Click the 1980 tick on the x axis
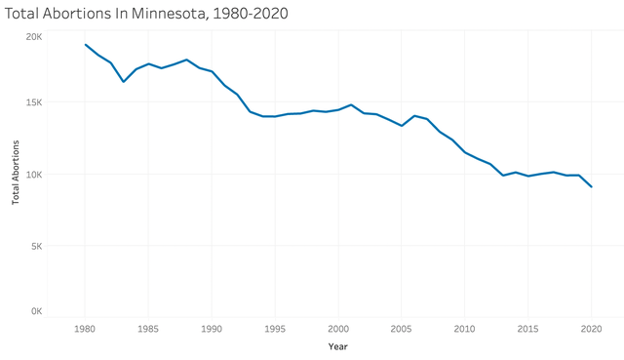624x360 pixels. click(85, 330)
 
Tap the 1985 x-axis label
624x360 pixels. click(148, 330)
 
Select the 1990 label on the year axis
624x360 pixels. click(212, 330)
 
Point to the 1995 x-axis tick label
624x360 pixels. click(275, 330)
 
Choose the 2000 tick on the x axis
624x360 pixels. click(338, 330)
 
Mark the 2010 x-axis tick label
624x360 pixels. click(464, 330)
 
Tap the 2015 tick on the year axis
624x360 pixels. click(527, 330)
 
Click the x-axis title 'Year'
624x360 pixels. click(337, 346)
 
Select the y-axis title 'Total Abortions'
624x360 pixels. click(16, 173)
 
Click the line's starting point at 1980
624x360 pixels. click(85, 44)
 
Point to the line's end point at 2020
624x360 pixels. click(591, 186)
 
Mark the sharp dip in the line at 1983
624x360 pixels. click(123, 81)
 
